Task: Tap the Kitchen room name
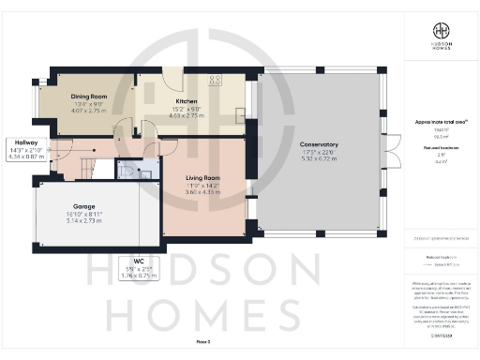click(185, 100)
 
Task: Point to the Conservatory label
click(319, 144)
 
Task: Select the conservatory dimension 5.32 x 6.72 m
click(319, 159)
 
